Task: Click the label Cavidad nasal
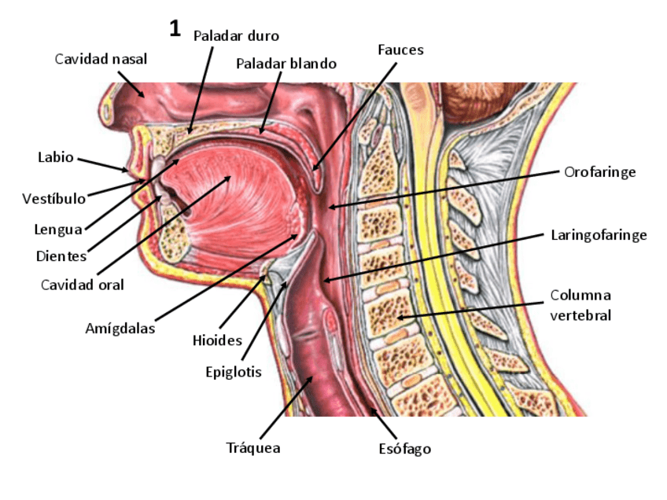(x=101, y=59)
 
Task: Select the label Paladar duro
(x=236, y=35)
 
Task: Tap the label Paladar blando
(x=286, y=64)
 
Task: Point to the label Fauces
(x=400, y=50)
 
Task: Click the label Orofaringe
(x=599, y=171)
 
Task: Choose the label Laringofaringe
(x=599, y=235)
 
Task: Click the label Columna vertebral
(x=580, y=305)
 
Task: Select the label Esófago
(x=404, y=449)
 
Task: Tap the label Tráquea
(x=253, y=448)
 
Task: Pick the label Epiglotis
(x=233, y=372)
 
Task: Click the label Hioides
(x=217, y=340)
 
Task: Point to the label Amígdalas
(x=120, y=329)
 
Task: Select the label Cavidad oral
(x=83, y=285)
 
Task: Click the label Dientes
(x=61, y=256)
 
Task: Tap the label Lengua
(x=58, y=230)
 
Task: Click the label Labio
(x=56, y=157)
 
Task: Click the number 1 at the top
(x=175, y=30)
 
